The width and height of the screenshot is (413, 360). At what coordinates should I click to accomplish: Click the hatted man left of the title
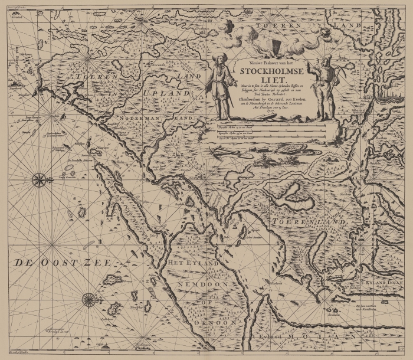(221, 86)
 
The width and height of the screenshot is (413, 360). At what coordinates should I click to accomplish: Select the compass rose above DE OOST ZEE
(40, 179)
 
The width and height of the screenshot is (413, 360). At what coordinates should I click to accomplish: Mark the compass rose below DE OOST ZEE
(89, 300)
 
